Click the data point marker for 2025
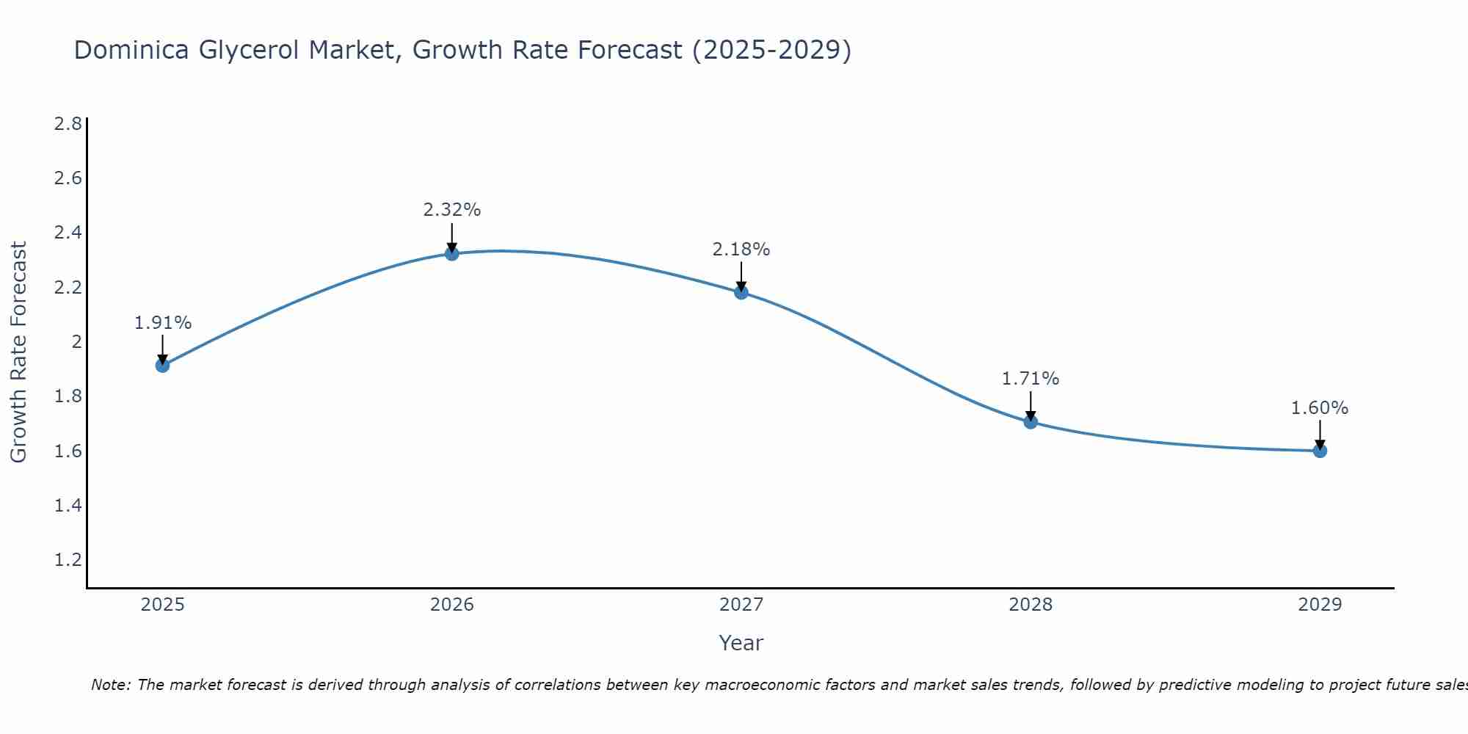[x=162, y=366]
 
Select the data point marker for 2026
[x=452, y=254]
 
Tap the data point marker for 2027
[x=741, y=292]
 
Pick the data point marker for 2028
[x=1031, y=422]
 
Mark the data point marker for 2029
[x=1320, y=451]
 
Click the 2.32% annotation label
[x=452, y=210]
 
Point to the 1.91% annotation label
[x=163, y=323]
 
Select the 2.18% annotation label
[x=741, y=250]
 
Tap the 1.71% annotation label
[x=1031, y=379]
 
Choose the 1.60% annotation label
[x=1320, y=408]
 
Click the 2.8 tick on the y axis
[x=68, y=123]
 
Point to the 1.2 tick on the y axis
[x=68, y=560]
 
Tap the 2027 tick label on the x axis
[x=741, y=605]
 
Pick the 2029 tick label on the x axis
[x=1320, y=605]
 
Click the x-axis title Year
[x=741, y=643]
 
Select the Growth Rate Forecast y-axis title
[x=19, y=352]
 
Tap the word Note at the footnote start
[x=111, y=686]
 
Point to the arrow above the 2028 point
[x=1031, y=406]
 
